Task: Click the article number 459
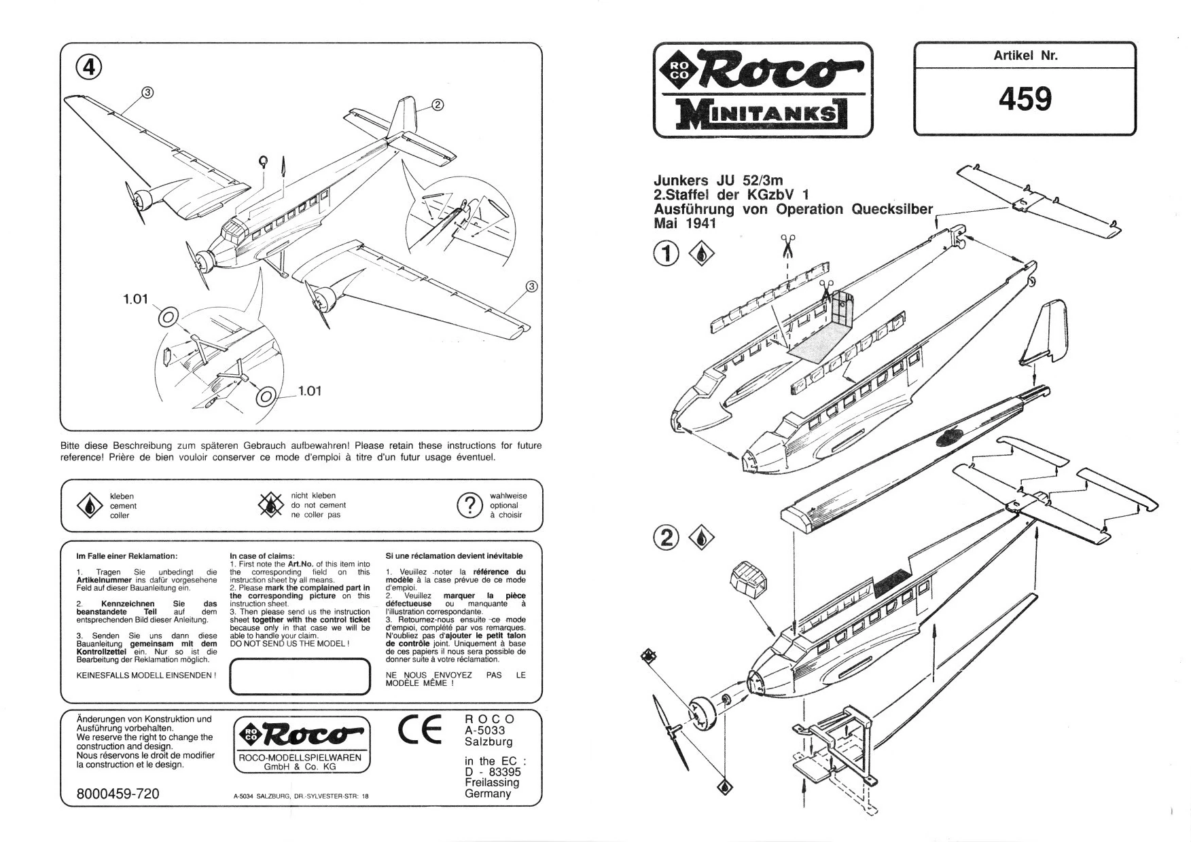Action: coord(1025,99)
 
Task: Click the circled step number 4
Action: coord(88,66)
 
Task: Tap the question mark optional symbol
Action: coord(469,506)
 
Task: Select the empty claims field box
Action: coord(300,677)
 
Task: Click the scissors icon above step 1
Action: coord(788,245)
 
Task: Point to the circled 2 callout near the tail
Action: coord(438,105)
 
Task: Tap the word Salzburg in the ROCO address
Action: coord(488,742)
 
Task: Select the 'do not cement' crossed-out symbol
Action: coord(271,505)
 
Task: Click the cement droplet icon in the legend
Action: coord(89,506)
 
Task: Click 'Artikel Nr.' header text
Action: coord(1025,56)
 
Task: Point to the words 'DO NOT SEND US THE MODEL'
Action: coord(289,643)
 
